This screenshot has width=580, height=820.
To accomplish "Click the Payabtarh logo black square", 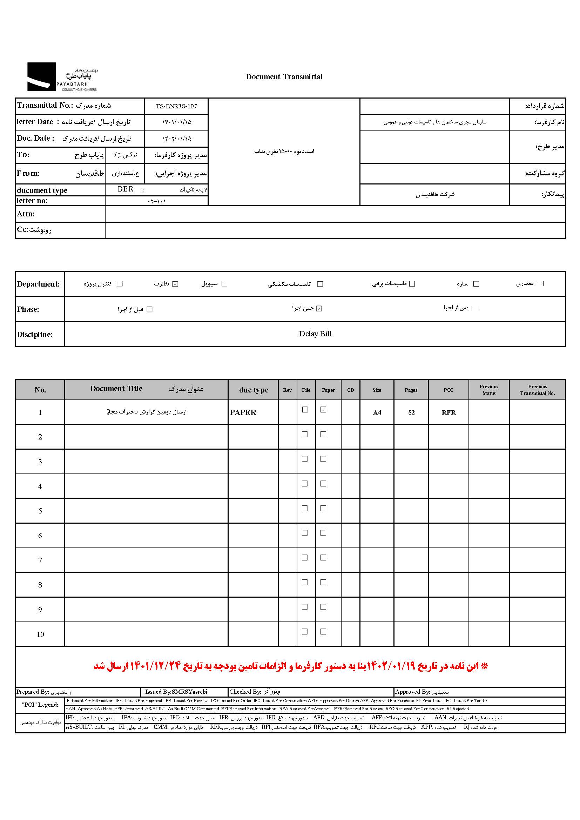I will (41, 76).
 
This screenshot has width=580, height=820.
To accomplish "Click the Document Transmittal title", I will (284, 77).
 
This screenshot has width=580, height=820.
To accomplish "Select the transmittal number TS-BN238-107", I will (176, 106).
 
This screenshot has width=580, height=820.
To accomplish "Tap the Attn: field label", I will (26, 214).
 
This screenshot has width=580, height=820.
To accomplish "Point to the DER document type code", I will (125, 189).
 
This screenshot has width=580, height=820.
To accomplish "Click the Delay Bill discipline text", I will (315, 334).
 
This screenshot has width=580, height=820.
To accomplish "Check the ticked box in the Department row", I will (175, 284).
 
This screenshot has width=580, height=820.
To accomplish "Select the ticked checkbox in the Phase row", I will (319, 309).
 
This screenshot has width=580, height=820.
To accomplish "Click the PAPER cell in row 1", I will (243, 412).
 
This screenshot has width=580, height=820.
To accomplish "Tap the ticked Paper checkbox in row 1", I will (323, 410).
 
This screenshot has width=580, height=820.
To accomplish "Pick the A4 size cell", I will (377, 413).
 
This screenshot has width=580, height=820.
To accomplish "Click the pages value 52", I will (411, 413).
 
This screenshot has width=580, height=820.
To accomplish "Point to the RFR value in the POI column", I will (449, 413).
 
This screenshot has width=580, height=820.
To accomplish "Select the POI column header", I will (448, 390).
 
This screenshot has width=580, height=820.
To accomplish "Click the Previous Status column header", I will (489, 390).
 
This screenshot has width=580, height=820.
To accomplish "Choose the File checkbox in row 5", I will (305, 508).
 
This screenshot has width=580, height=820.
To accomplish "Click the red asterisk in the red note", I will (485, 666).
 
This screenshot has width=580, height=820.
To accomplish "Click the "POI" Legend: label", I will (40, 705).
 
